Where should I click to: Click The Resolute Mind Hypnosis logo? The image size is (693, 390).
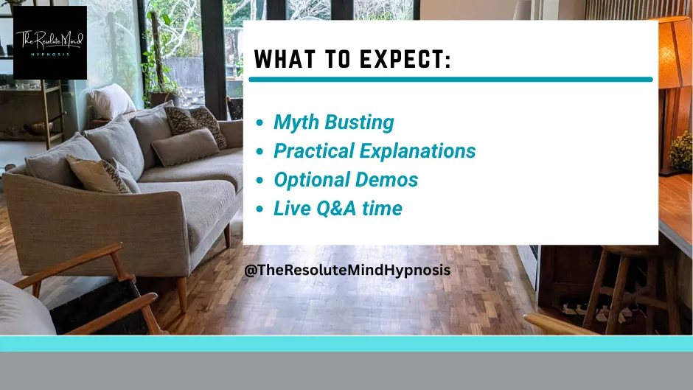pyautogui.click(x=50, y=43)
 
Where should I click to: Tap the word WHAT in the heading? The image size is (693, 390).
pyautogui.click(x=285, y=59)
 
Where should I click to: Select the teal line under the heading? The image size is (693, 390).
pyautogui.click(x=450, y=80)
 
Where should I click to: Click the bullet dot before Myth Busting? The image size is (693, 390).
pyautogui.click(x=260, y=123)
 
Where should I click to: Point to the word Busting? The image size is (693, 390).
pyautogui.click(x=359, y=123)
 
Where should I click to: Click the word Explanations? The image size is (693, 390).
pyautogui.click(x=418, y=151)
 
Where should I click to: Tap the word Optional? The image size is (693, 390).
pyautogui.click(x=312, y=181)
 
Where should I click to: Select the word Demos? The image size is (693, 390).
pyautogui.click(x=387, y=180)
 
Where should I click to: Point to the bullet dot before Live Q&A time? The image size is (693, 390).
pyautogui.click(x=260, y=209)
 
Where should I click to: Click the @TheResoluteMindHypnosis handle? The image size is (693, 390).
pyautogui.click(x=347, y=270)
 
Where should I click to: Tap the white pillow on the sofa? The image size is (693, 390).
pyautogui.click(x=111, y=101)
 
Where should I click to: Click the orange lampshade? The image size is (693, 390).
pyautogui.click(x=674, y=53)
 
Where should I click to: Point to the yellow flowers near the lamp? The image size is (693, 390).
pyautogui.click(x=680, y=151)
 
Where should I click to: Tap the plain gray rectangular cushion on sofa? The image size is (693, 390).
pyautogui.click(x=186, y=147)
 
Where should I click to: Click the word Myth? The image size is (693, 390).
pyautogui.click(x=296, y=123)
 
